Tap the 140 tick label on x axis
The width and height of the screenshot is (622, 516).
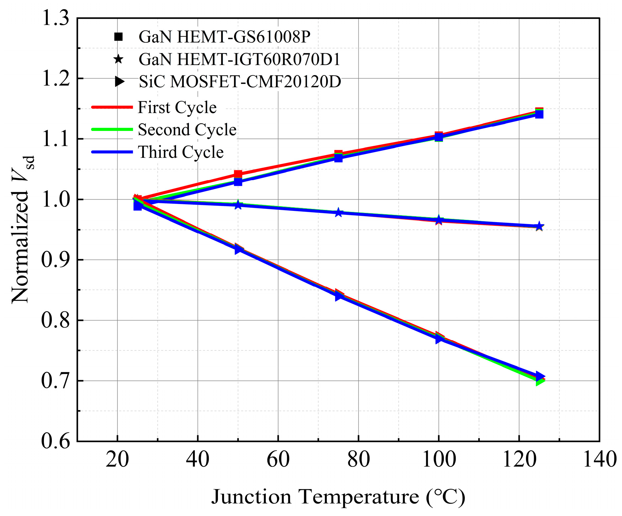tap(600, 459)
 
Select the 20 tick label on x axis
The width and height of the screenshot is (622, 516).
tap(117, 459)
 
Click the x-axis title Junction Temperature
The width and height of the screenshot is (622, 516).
tap(338, 497)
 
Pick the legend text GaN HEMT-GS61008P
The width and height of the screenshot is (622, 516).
tap(225, 37)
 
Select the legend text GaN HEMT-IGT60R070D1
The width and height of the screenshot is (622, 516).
tap(239, 59)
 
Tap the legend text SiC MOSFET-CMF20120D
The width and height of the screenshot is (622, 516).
tap(240, 82)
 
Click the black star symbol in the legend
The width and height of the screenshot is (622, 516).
tap(118, 60)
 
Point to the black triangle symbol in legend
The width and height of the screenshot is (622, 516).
tap(119, 82)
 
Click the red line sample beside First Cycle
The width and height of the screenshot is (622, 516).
tap(112, 107)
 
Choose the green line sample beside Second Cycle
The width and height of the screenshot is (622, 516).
tap(112, 129)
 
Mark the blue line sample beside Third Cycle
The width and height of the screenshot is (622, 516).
tap(112, 152)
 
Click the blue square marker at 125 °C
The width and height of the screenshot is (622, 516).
tap(539, 114)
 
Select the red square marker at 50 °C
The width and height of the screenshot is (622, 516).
tap(238, 174)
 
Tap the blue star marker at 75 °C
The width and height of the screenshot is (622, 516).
tap(338, 213)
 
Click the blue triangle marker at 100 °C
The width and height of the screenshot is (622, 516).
tap(439, 339)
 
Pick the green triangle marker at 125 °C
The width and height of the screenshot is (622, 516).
tap(539, 381)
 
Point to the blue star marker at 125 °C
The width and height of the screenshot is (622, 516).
tap(539, 226)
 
